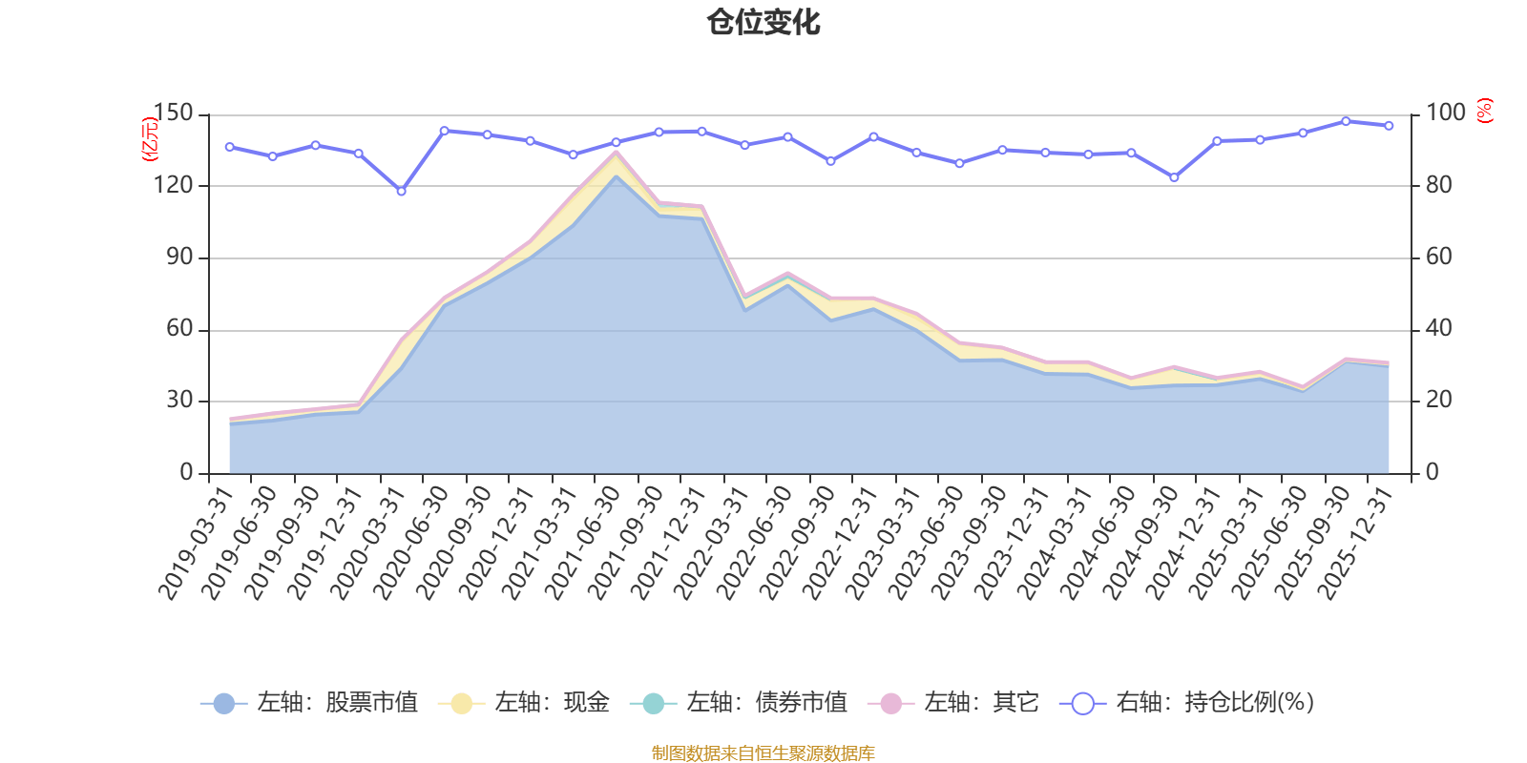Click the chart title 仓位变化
tap(763, 22)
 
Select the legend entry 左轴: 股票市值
tap(309, 703)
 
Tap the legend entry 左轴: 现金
tap(524, 703)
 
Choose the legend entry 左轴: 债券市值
tap(739, 703)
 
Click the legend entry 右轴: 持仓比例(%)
tap(1187, 703)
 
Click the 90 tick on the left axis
tap(179, 258)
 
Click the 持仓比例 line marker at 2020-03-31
tap(401, 191)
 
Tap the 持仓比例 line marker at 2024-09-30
tap(1174, 177)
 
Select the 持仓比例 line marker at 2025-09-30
tap(1346, 121)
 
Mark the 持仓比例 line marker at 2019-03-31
tap(229, 147)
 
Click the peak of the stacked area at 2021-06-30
tap(616, 151)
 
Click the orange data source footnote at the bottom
tap(763, 753)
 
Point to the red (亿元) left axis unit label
tap(149, 139)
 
